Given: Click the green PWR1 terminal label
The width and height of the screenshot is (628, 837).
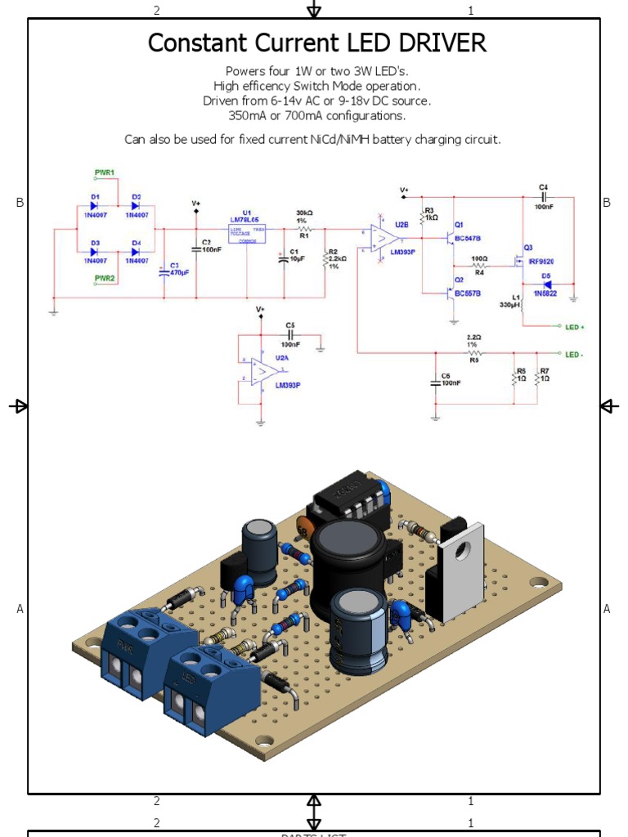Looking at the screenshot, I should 105,172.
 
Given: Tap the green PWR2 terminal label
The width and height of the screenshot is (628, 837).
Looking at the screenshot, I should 105,279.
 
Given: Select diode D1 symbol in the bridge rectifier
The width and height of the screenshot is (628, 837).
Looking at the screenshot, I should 95,206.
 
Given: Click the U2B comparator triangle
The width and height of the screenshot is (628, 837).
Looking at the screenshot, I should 383,238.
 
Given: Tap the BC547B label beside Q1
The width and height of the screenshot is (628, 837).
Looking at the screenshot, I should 468,238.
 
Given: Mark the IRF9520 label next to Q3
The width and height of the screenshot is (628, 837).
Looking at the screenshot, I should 541,261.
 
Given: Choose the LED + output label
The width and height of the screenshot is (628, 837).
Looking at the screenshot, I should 574,327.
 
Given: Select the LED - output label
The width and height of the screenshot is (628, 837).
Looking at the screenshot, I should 574,354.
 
